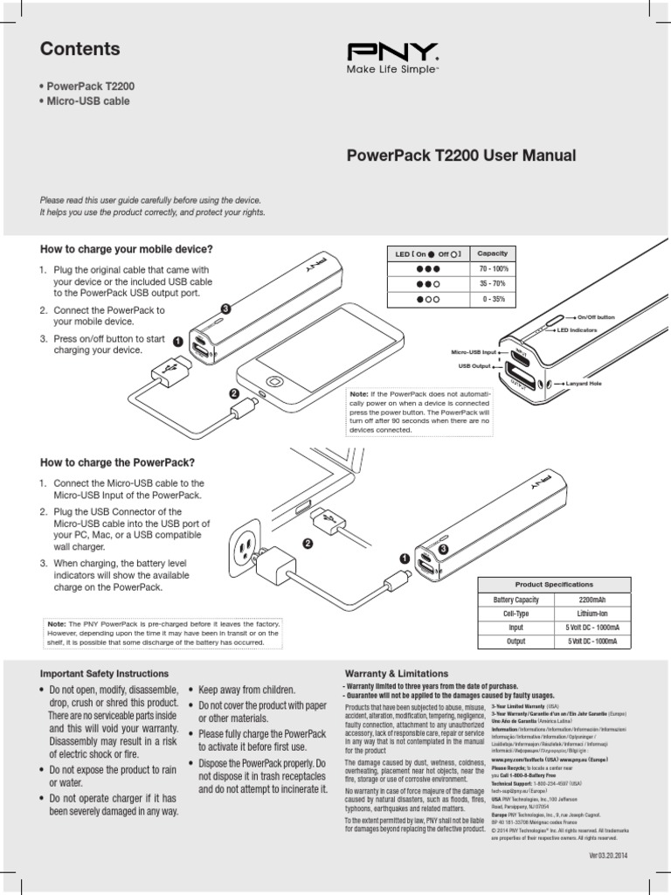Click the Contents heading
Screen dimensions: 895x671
80,50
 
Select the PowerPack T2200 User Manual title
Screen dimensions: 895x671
461,156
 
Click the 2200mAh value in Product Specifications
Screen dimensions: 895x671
592,600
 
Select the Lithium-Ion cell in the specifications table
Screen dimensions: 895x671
592,614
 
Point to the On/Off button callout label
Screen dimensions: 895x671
596,316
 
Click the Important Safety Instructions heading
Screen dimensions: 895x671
104,674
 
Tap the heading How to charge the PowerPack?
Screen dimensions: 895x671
117,462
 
